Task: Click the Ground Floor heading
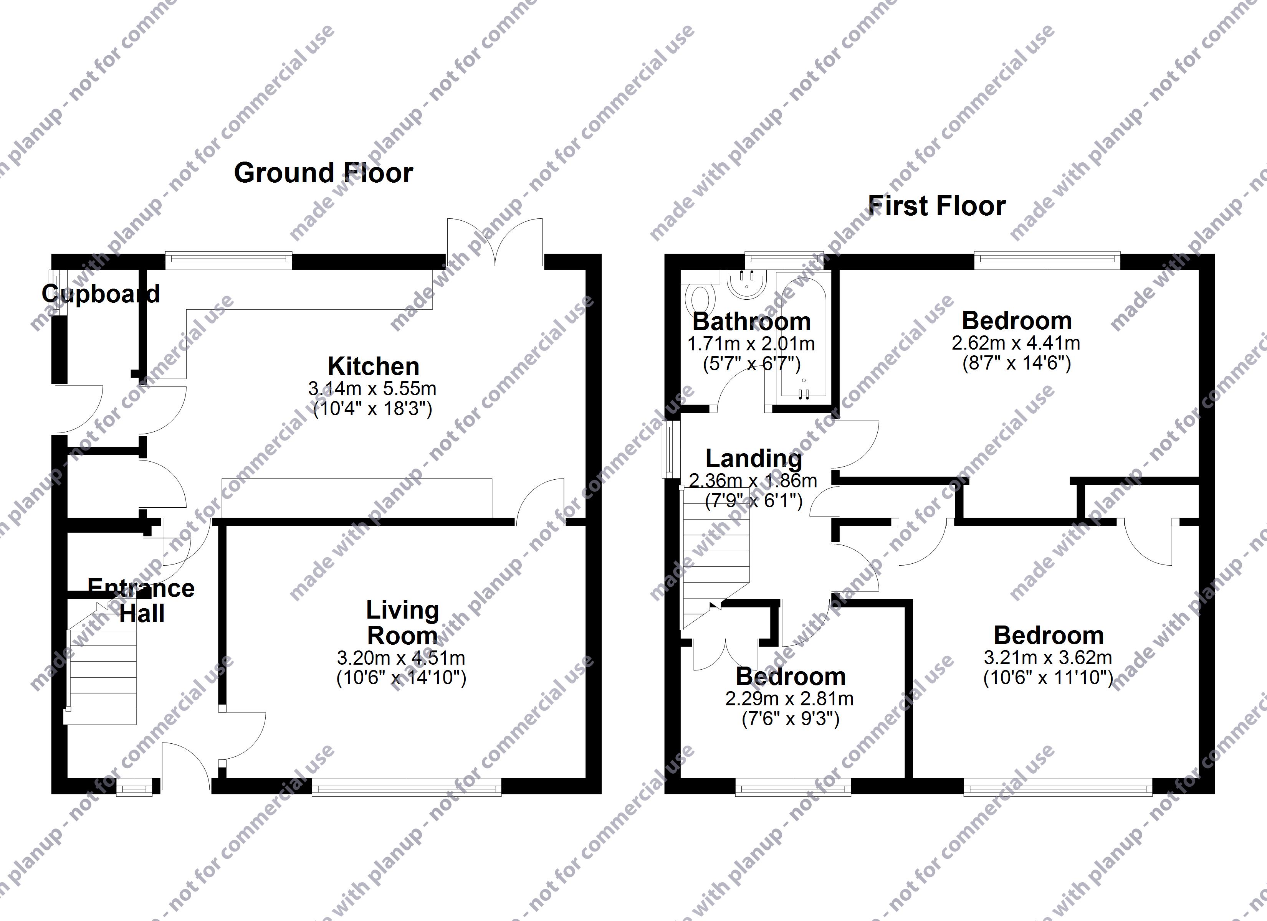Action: coord(323,173)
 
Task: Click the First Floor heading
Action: coord(937,206)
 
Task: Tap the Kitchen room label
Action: coord(373,366)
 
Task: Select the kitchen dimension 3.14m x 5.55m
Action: coord(372,388)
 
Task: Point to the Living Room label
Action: coord(402,623)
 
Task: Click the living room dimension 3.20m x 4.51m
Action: coord(401,658)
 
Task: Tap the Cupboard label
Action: coord(101,294)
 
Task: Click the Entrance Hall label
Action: coord(141,601)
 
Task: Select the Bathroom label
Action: coord(751,322)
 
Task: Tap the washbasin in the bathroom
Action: coord(747,282)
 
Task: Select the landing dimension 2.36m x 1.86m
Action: coord(753,480)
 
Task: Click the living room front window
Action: coord(407,787)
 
